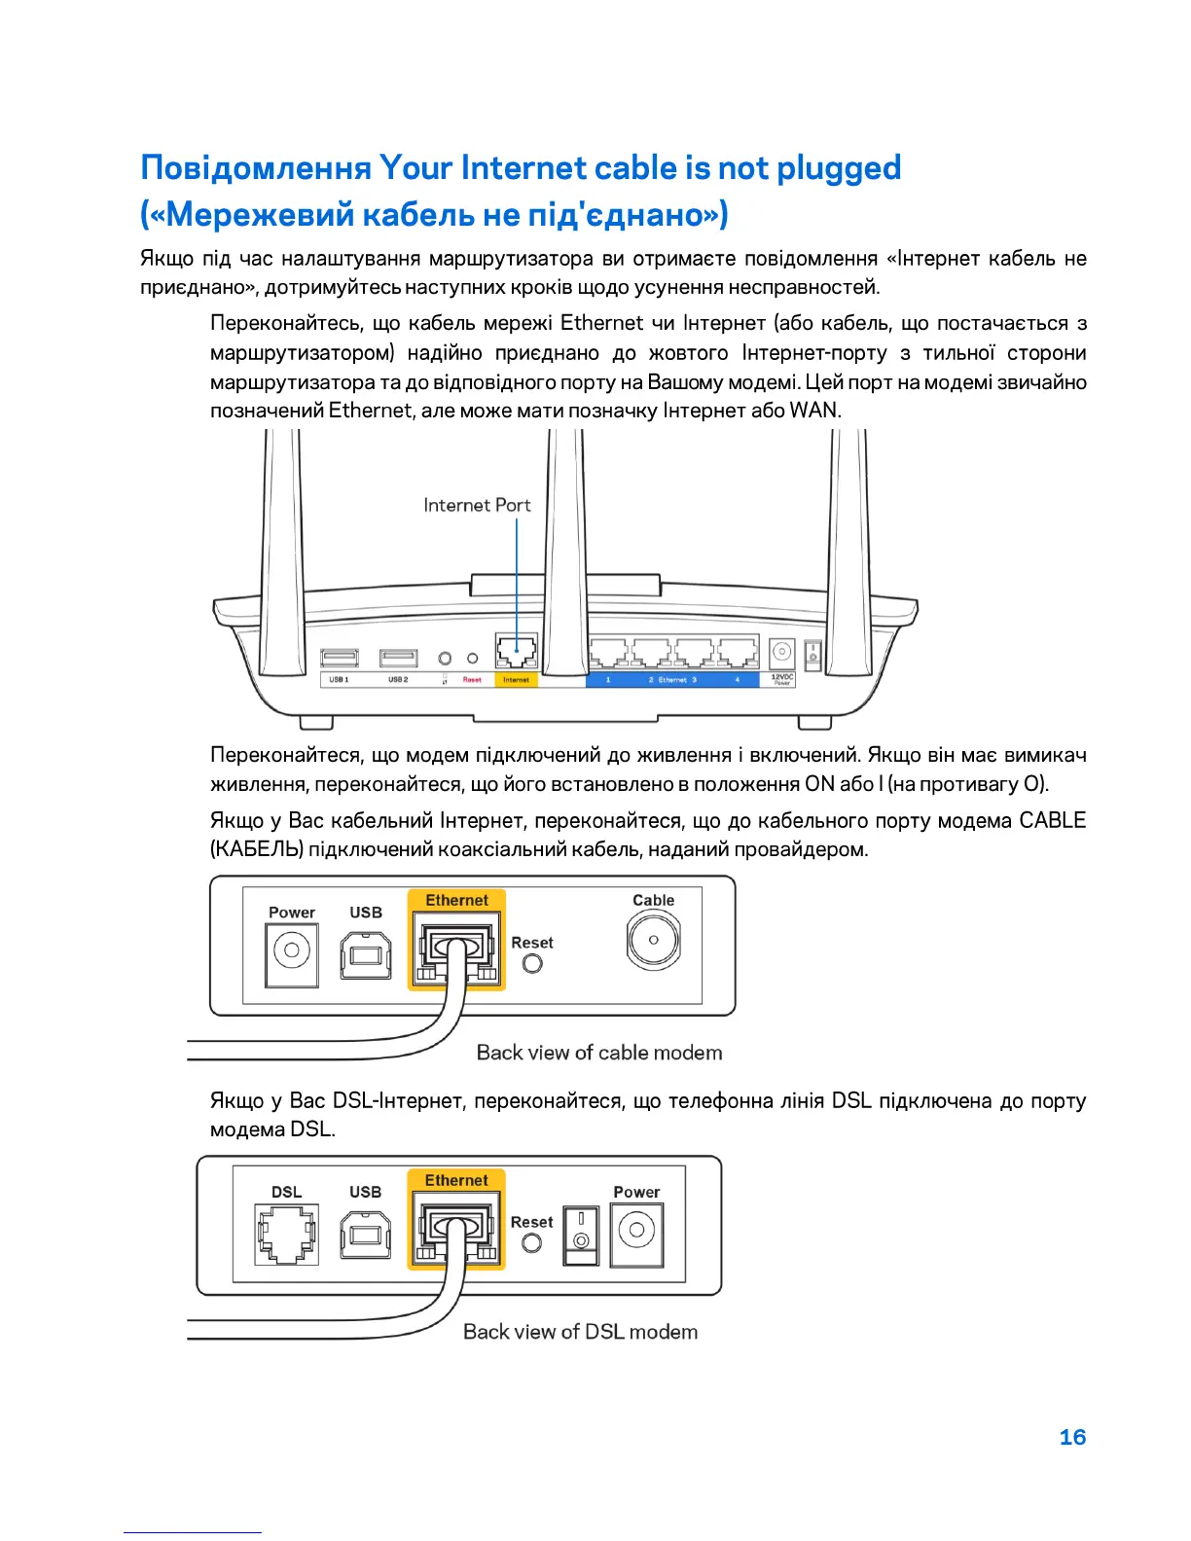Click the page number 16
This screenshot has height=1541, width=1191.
pos(1072,1437)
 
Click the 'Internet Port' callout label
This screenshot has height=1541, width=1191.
pos(477,505)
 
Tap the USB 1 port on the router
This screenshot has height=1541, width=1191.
pos(339,659)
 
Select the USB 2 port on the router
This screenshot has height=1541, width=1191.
pos(398,659)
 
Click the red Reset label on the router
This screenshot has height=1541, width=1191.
pos(472,680)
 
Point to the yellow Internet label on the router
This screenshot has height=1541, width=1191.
pos(516,680)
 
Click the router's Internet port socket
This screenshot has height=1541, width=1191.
pos(516,650)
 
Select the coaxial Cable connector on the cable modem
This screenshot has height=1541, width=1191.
pos(654,940)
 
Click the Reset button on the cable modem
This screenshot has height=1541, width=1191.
pos(532,963)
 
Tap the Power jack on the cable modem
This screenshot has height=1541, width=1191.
pos(292,950)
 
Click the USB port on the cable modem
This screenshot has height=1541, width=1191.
pos(366,954)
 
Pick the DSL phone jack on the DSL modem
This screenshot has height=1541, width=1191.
pos(286,1234)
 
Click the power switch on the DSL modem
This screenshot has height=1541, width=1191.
pos(581,1234)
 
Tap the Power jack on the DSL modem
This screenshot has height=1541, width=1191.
pos(636,1232)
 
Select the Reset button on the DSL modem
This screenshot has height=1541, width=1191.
pos(531,1242)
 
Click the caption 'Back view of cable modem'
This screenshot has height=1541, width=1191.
pos(599,1053)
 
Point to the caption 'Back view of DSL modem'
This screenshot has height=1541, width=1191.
pos(580,1332)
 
